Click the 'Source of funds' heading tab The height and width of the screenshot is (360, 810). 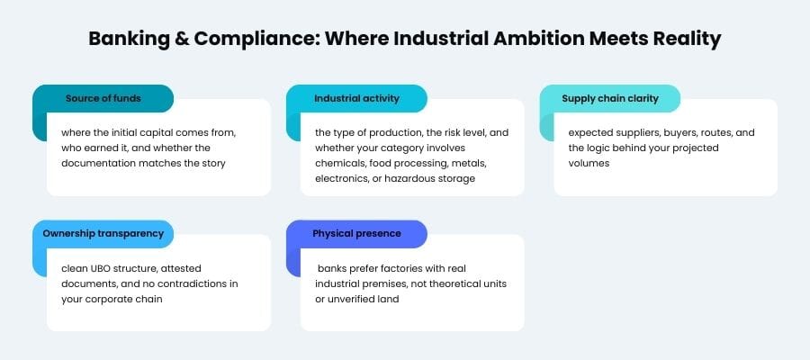tap(103, 98)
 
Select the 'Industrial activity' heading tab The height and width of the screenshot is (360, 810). tap(356, 98)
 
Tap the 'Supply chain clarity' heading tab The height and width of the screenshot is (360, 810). tap(610, 98)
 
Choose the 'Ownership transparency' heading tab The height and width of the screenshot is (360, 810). tap(103, 233)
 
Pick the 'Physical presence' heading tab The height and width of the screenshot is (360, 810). tap(356, 233)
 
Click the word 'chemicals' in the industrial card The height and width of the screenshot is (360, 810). tap(339, 163)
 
